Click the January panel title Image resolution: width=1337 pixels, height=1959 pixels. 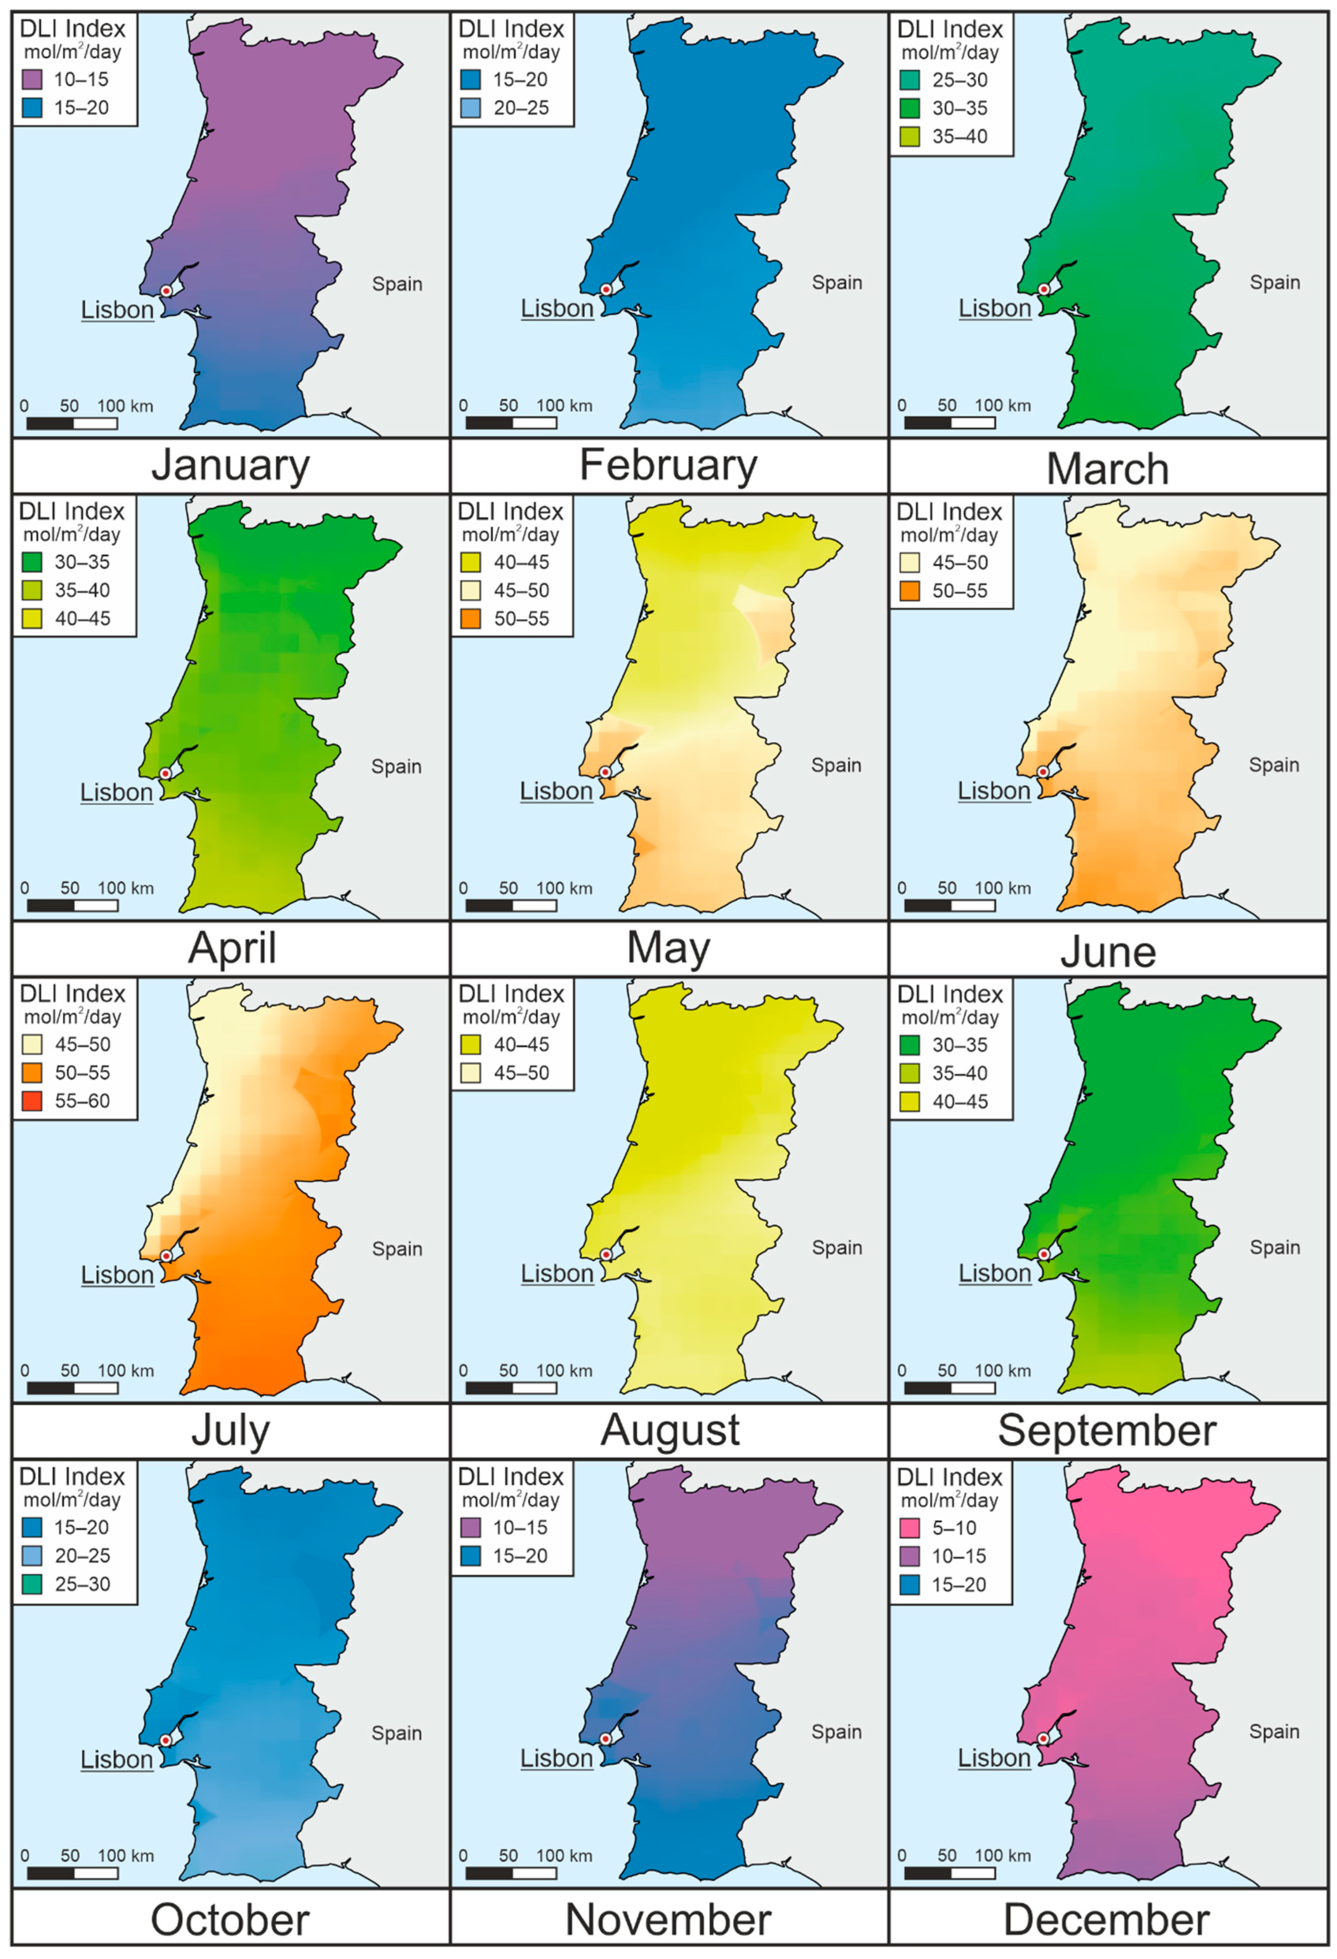point(230,465)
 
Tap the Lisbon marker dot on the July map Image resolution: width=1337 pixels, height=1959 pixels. point(166,1256)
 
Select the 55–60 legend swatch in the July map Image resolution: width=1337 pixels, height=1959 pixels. point(32,1101)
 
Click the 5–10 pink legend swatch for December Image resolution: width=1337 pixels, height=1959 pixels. point(910,1527)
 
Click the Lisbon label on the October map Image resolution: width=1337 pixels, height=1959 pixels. point(116,1760)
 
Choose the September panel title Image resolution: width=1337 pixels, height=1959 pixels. point(1107,1431)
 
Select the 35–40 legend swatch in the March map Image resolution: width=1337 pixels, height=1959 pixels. point(910,137)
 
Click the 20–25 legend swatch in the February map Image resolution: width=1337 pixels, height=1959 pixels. point(471,108)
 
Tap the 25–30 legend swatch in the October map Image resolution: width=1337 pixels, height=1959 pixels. point(32,1584)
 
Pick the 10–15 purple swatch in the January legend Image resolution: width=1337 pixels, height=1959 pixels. point(32,79)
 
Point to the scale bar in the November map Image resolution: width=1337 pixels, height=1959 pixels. point(511,1873)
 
